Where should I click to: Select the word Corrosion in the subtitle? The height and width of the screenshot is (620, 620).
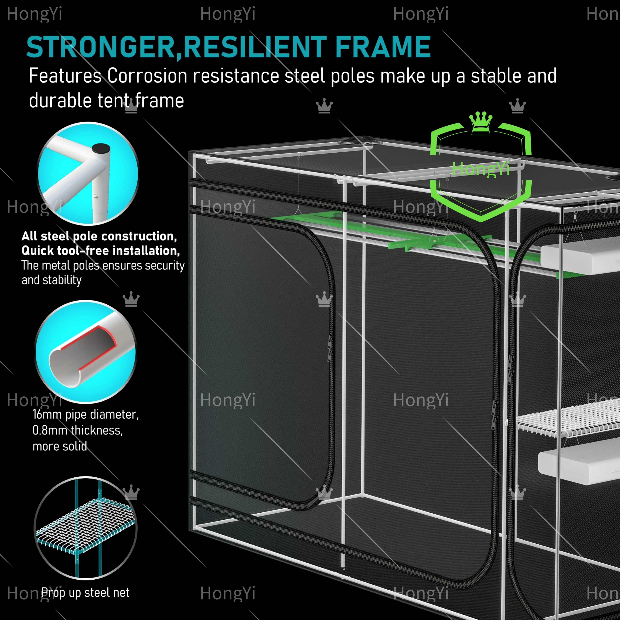tap(147, 76)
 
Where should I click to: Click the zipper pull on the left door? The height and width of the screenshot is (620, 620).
tap(330, 348)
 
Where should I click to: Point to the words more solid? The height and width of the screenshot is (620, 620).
tap(60, 446)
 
